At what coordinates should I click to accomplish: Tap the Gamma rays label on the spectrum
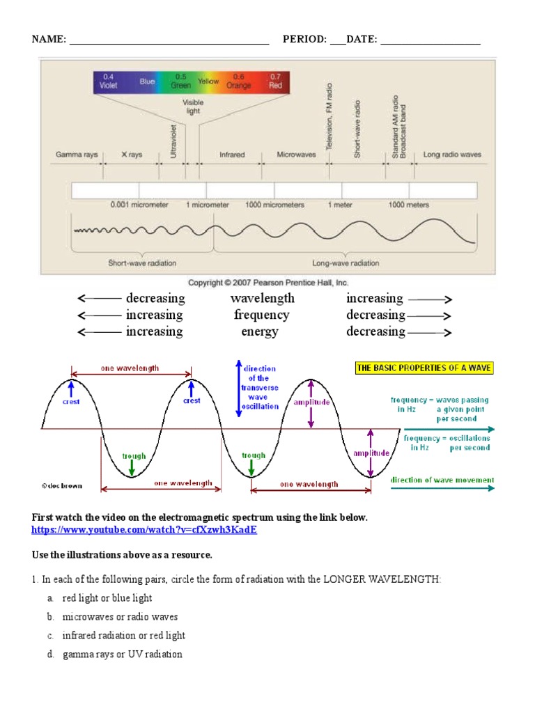[x=77, y=155]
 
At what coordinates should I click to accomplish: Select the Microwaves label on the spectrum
[x=296, y=155]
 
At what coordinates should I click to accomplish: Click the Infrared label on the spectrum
[x=232, y=155]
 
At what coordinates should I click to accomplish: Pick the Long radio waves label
[x=452, y=155]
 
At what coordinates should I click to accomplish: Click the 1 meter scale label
[x=341, y=205]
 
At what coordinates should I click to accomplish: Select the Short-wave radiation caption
[x=142, y=263]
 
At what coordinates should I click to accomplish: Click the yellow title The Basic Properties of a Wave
[x=424, y=368]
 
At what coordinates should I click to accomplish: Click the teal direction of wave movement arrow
[x=442, y=489]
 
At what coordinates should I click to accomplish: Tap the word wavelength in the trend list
[x=262, y=298]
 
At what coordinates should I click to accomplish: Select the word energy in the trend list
[x=260, y=331]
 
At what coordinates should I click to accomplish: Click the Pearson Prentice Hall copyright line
[x=268, y=283]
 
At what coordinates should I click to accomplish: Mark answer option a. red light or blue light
[x=107, y=597]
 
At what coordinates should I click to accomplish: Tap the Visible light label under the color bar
[x=193, y=107]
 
